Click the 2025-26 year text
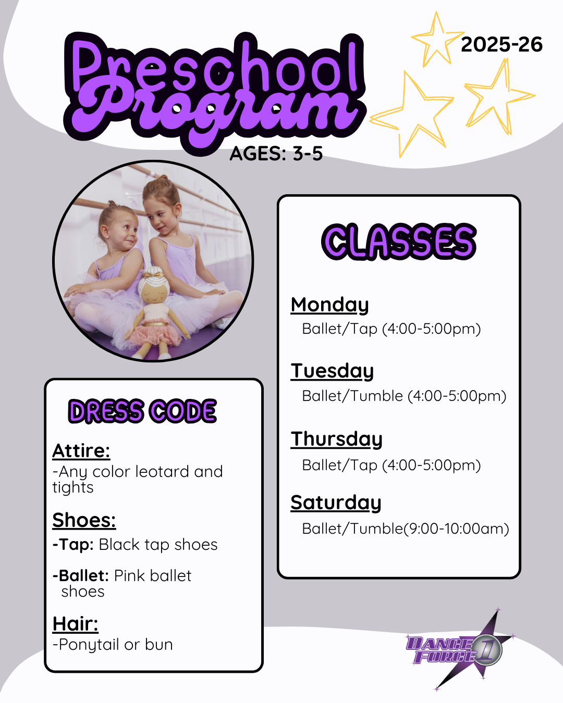501,44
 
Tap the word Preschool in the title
214,65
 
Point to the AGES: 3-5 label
276,153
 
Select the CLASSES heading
399,242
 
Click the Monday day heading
329,305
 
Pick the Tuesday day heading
332,371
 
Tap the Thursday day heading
336,439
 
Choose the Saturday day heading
336,503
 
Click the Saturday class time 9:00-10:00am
456,529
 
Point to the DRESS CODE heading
142,411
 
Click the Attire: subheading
81,451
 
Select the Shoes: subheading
84,520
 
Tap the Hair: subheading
75,624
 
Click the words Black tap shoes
158,545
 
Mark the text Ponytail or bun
116,645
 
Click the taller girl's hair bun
163,179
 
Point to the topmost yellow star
437,40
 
